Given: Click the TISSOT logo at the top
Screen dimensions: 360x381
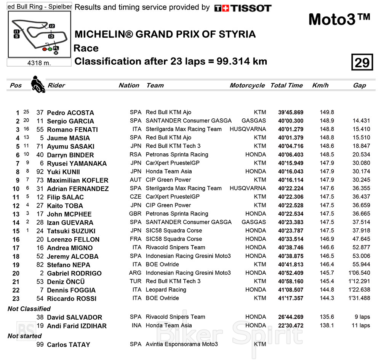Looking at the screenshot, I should pyautogui.click(x=243, y=8).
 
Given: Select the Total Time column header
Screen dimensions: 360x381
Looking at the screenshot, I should pyautogui.click(x=287, y=85).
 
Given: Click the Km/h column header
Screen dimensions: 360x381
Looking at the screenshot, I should pyautogui.click(x=320, y=85).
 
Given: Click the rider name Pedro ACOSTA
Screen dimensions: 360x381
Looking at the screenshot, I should pyautogui.click(x=70, y=113).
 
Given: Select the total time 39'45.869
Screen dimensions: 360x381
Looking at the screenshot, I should pyautogui.click(x=291, y=113).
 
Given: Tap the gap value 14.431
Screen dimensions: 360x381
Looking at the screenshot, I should pyautogui.click(x=361, y=121).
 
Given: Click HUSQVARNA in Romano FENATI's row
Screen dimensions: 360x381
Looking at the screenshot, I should pyautogui.click(x=248, y=129).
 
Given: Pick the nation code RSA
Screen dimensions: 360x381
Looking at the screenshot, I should pyautogui.click(x=135, y=155).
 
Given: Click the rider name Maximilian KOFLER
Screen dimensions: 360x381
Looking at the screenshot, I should pyautogui.click(x=77, y=180).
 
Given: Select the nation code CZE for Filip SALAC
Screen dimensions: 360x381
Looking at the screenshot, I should pyautogui.click(x=135, y=197).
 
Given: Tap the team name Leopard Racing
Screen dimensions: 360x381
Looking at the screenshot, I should pyautogui.click(x=166, y=290).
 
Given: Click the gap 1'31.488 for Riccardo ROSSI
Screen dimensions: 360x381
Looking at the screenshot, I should pyautogui.click(x=359, y=298).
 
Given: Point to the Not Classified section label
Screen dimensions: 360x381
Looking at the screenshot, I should pyautogui.click(x=29, y=309).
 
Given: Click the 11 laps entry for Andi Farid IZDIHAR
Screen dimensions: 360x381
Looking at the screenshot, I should pyautogui.click(x=359, y=326).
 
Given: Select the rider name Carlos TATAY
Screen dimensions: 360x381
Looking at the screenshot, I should pyautogui.click(x=69, y=345).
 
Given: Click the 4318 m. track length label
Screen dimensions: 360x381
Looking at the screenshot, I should pyautogui.click(x=39, y=63).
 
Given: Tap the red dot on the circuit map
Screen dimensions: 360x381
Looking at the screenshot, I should pyautogui.click(x=45, y=49).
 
